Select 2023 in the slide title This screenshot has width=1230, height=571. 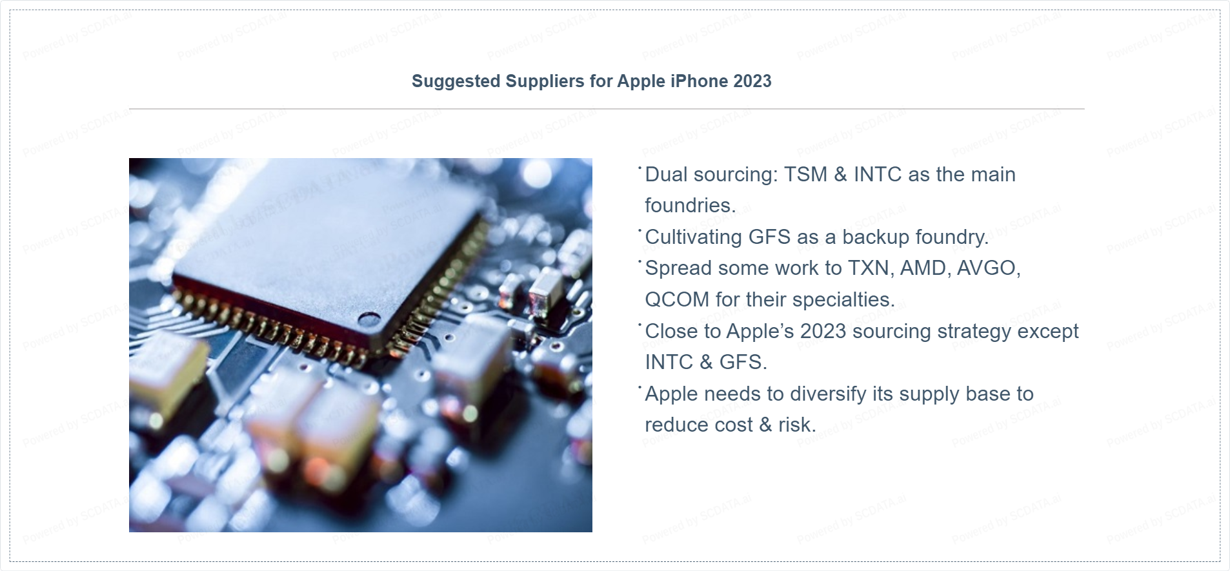(x=752, y=81)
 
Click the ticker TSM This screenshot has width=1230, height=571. (x=805, y=174)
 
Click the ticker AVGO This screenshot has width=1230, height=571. (x=989, y=268)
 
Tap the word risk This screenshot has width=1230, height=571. (x=797, y=425)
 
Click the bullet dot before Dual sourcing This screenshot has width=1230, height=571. (x=640, y=168)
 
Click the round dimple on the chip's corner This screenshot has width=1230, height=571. (x=369, y=319)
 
